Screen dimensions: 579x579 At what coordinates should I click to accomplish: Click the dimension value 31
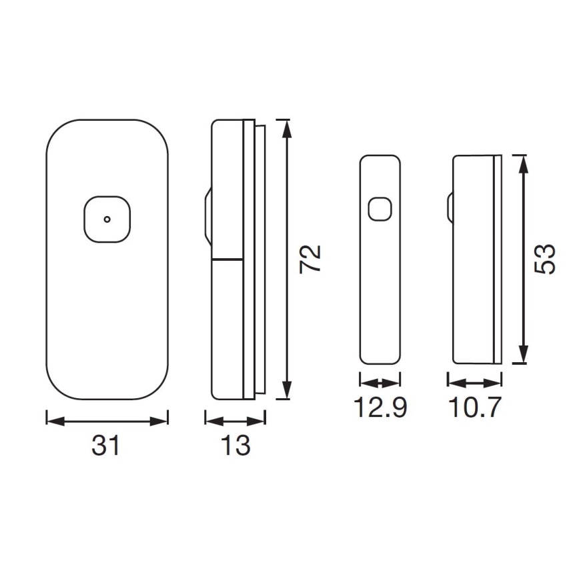pyautogui.click(x=106, y=446)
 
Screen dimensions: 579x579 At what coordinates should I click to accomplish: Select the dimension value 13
pyautogui.click(x=235, y=446)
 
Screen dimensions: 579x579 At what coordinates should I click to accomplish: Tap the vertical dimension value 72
pyautogui.click(x=311, y=259)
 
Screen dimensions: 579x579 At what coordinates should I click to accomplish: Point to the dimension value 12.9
pyautogui.click(x=380, y=407)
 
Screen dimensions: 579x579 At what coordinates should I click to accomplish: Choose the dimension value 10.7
pyautogui.click(x=474, y=407)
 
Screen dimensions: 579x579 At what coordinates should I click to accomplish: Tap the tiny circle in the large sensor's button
pyautogui.click(x=106, y=219)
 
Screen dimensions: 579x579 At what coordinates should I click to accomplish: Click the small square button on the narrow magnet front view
pyautogui.click(x=380, y=209)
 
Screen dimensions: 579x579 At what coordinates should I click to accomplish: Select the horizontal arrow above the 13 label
pyautogui.click(x=235, y=420)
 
